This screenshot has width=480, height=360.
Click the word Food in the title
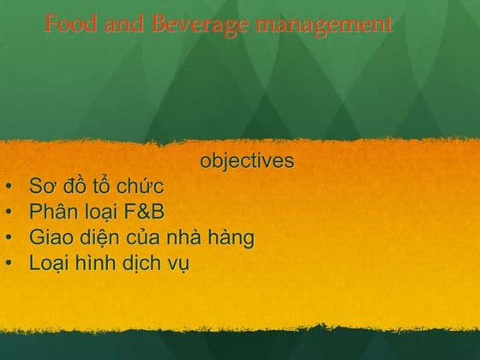click(x=68, y=25)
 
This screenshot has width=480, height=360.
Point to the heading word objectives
click(x=247, y=161)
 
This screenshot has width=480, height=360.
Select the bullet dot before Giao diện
click(x=8, y=237)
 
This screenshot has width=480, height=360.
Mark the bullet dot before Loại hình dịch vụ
click(x=8, y=263)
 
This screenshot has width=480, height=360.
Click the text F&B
click(x=141, y=212)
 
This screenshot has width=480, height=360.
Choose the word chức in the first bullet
click(x=141, y=186)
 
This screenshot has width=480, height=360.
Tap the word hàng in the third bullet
click(x=231, y=237)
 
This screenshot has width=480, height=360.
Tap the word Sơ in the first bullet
click(x=41, y=186)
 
